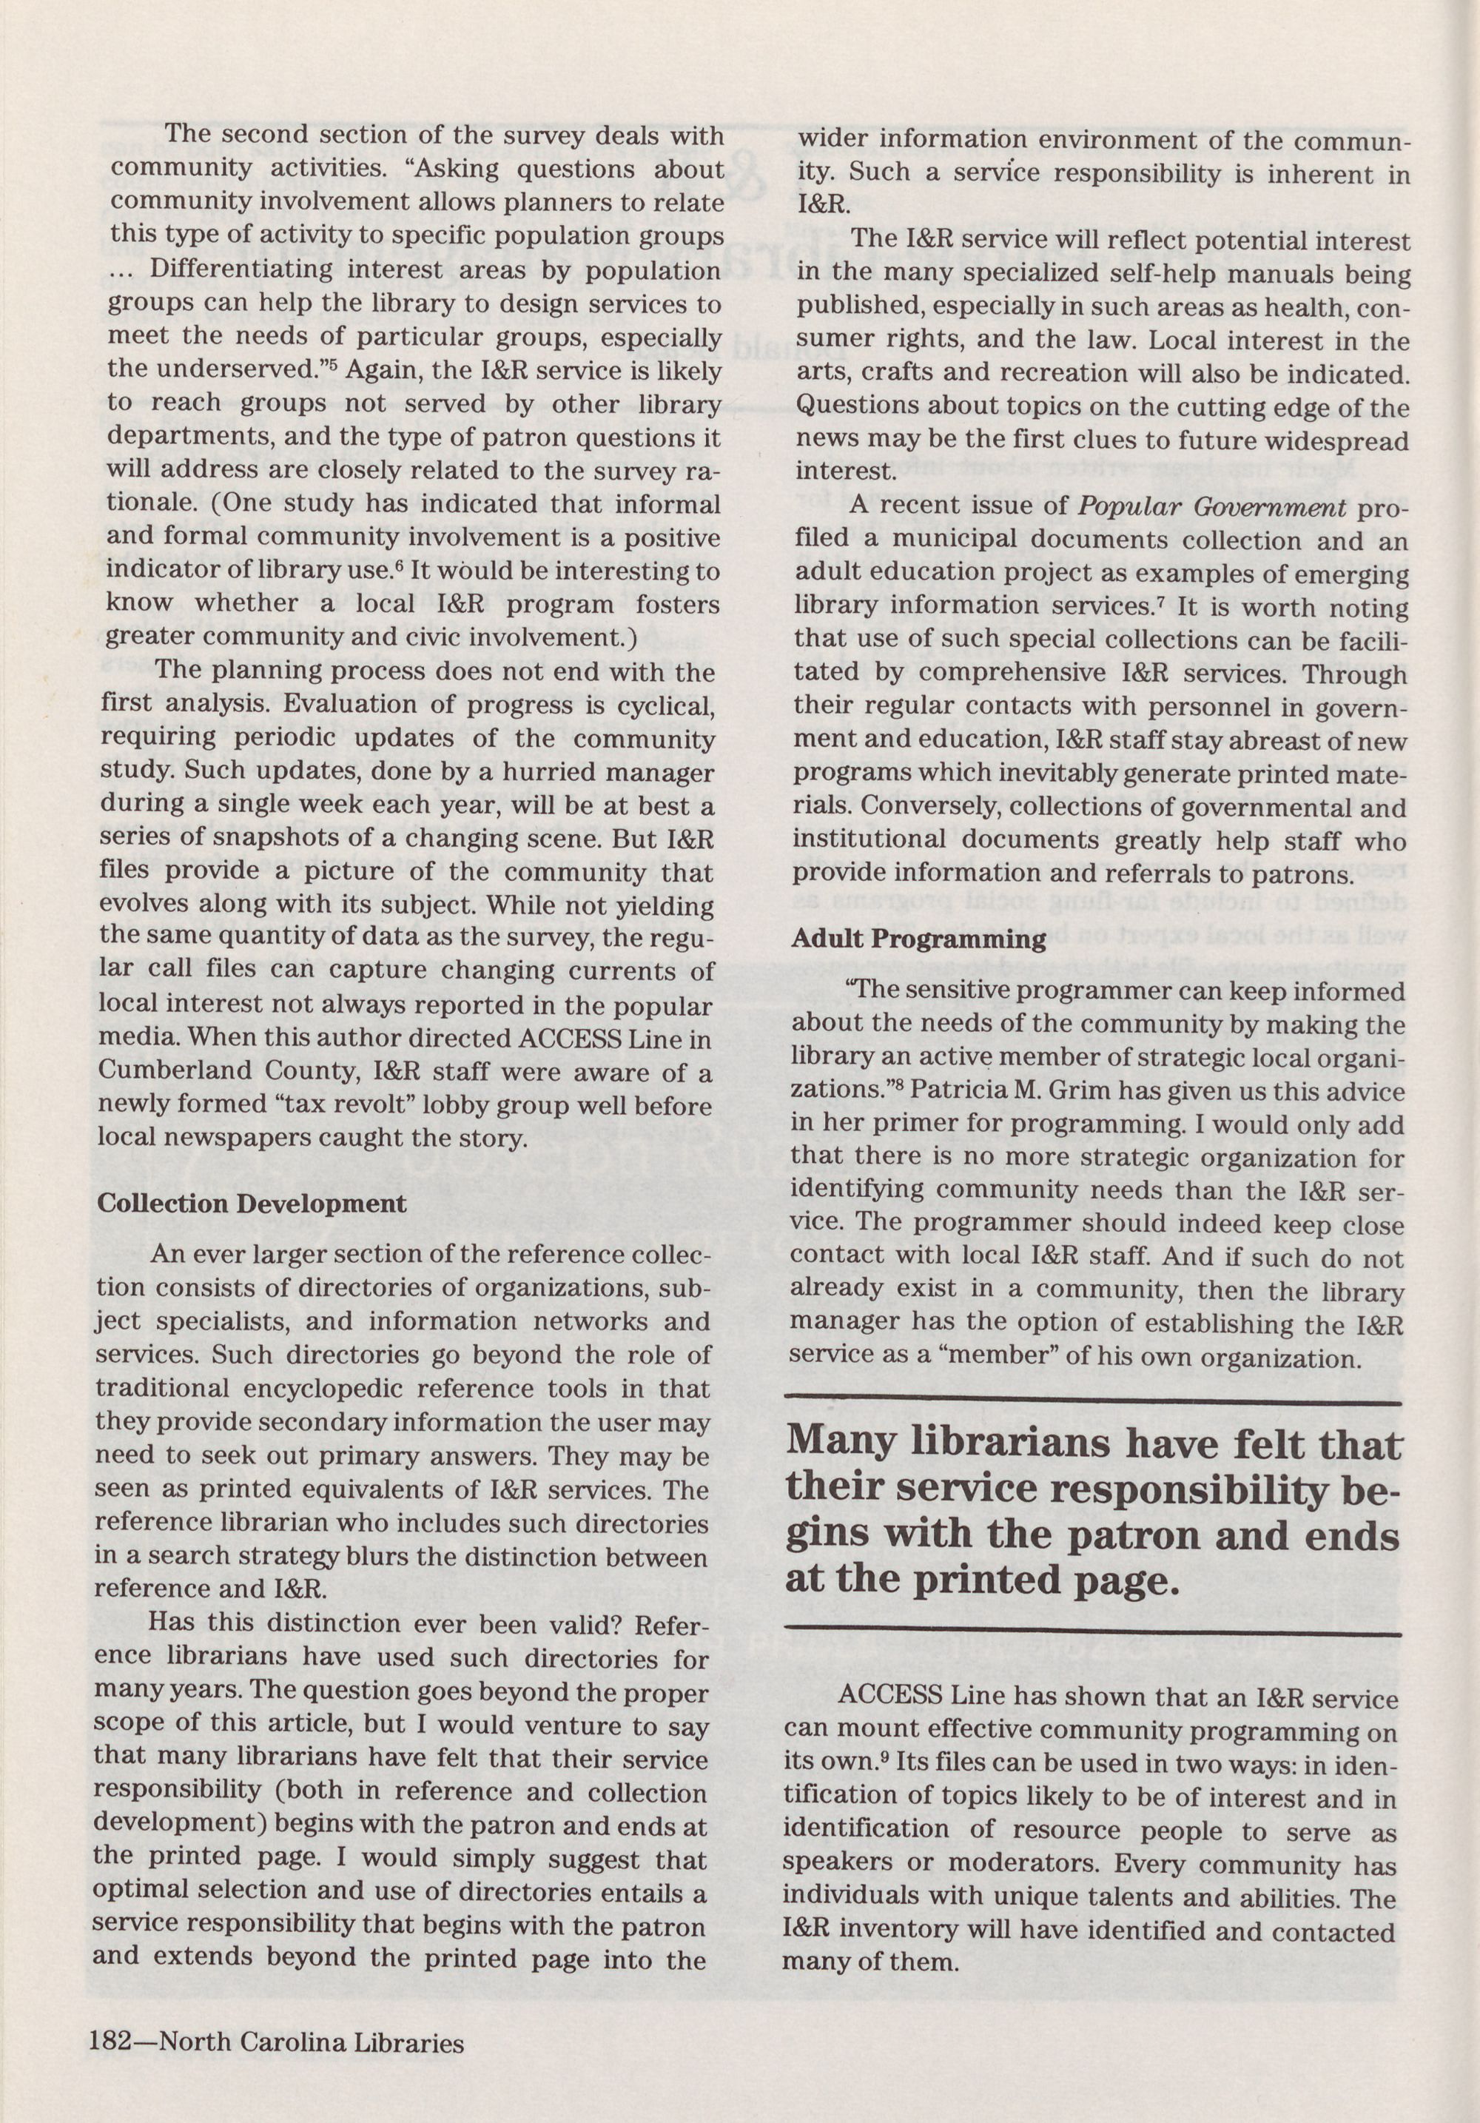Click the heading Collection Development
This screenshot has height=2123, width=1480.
click(x=252, y=1203)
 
